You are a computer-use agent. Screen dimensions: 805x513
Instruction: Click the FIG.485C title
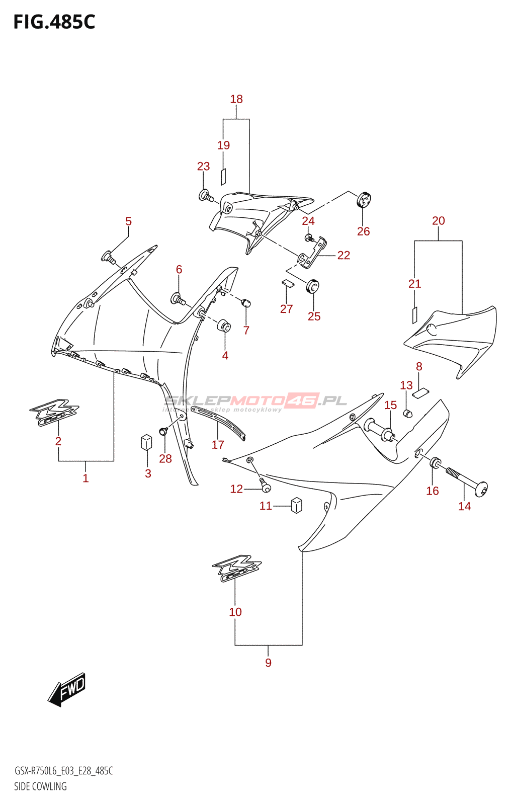[54, 22]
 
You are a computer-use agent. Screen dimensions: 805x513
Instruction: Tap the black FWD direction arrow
[67, 689]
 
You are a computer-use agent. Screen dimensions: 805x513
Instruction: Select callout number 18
[236, 99]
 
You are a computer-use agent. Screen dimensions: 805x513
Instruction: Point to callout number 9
[268, 663]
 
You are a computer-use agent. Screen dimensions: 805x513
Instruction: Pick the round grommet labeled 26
[364, 200]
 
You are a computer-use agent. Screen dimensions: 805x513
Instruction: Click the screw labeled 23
[206, 196]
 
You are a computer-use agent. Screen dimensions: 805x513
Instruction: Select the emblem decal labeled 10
[236, 569]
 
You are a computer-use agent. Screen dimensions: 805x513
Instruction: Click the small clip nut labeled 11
[297, 505]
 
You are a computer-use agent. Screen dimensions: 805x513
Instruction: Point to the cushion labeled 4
[224, 326]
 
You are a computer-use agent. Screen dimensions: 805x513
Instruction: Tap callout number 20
[438, 220]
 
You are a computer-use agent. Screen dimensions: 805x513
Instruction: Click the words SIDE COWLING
[40, 786]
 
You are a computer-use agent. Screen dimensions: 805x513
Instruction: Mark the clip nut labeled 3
[146, 442]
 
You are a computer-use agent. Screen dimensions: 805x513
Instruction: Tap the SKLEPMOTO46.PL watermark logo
[255, 401]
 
